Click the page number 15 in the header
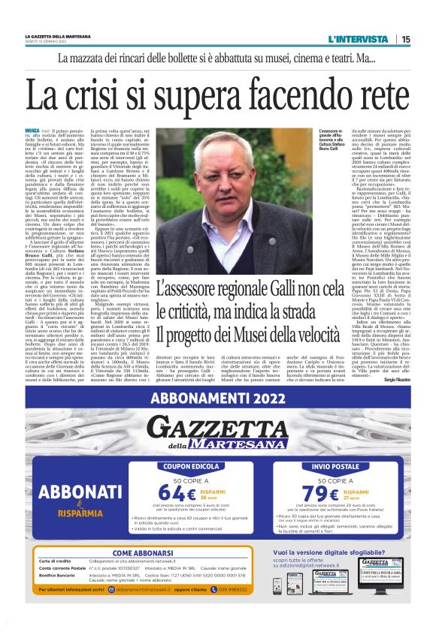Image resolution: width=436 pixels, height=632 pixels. tap(405, 39)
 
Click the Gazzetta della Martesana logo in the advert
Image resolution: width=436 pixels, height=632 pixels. tap(217, 432)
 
